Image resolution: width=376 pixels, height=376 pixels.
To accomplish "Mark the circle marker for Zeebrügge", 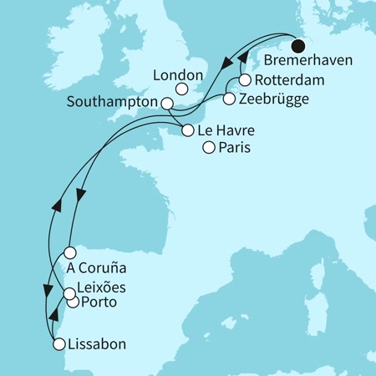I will click(x=229, y=99).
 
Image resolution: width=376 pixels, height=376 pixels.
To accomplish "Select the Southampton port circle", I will click(x=167, y=104).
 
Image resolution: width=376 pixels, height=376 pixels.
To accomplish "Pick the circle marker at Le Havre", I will click(x=187, y=130).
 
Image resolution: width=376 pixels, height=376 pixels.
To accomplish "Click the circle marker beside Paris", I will click(x=209, y=148).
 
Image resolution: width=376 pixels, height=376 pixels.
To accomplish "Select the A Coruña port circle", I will click(x=71, y=252).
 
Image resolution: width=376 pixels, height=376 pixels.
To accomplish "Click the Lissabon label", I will click(x=98, y=343).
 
